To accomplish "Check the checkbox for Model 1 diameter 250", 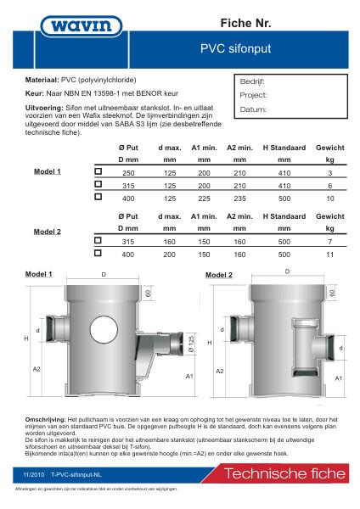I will (98, 171).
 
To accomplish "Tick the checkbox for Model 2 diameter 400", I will (98, 254).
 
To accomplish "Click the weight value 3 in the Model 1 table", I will (329, 171).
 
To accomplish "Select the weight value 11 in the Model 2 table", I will (329, 254).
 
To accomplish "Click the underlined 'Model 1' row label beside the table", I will (48, 171).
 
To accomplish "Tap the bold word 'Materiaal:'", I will (46, 77).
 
